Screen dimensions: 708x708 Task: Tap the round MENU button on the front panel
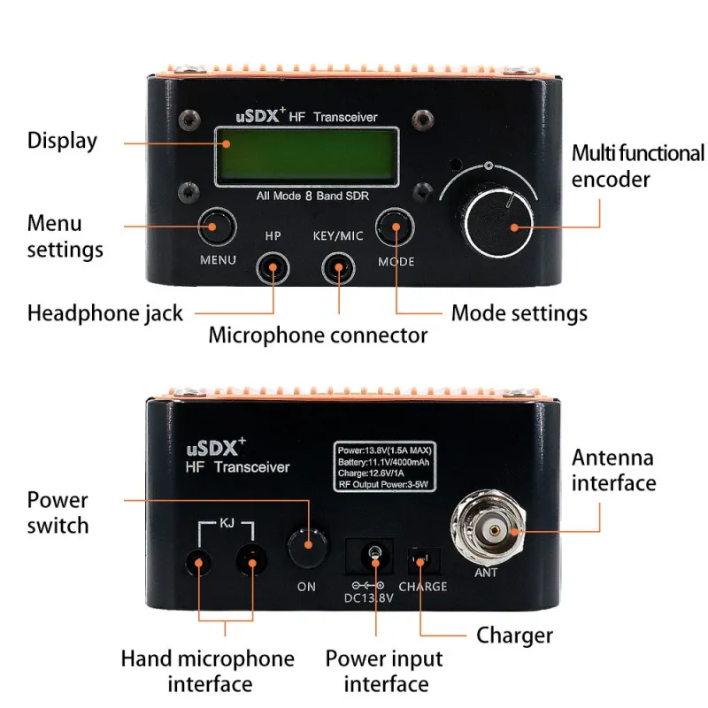(x=216, y=227)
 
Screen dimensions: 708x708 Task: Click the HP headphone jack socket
(x=273, y=267)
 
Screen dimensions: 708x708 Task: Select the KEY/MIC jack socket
(x=338, y=267)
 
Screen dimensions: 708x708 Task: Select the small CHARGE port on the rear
(x=421, y=560)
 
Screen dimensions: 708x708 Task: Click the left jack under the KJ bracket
(x=199, y=561)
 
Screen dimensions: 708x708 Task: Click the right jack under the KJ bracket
(x=253, y=561)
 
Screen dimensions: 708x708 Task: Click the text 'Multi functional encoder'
(x=636, y=165)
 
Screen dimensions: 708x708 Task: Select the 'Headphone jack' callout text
(x=104, y=312)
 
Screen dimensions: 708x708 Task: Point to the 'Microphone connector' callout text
(x=318, y=335)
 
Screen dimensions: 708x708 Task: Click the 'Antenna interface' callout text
(x=613, y=470)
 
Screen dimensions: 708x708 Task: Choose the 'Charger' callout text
(x=514, y=635)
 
